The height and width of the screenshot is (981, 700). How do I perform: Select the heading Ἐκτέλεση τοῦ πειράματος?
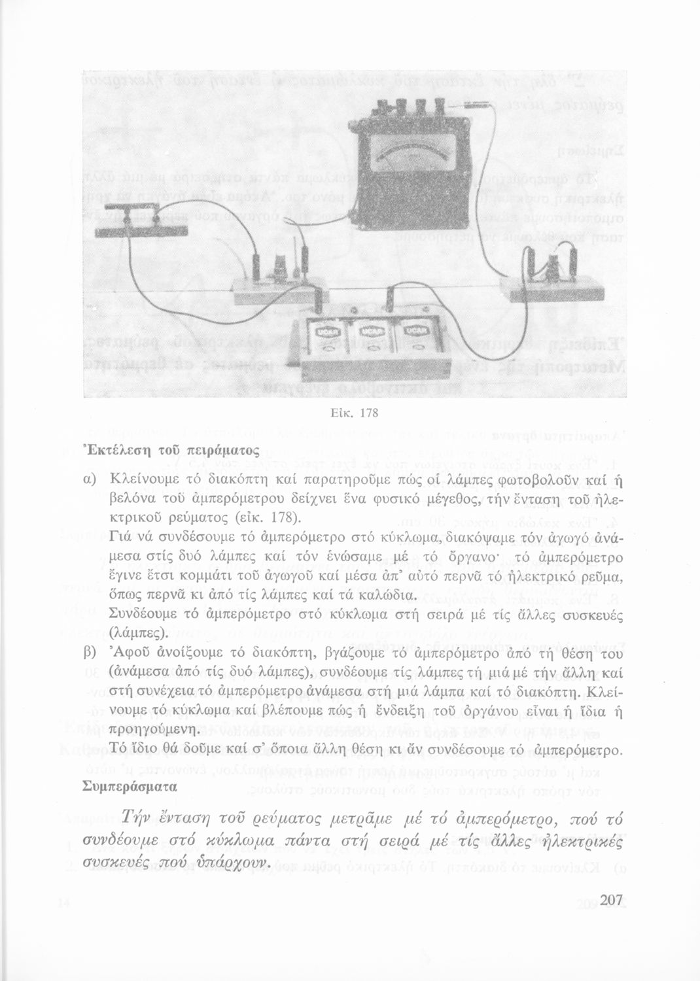[143, 451]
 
